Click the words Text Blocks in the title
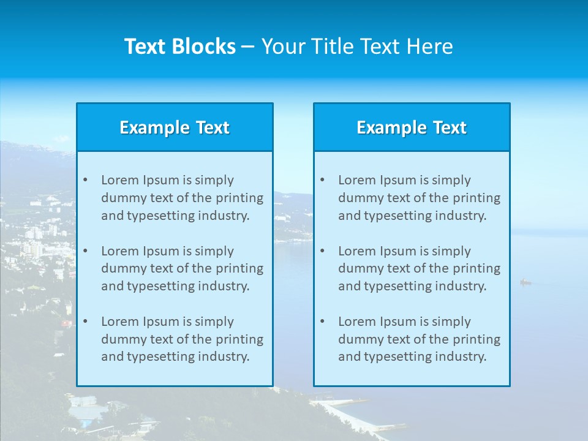[x=179, y=47]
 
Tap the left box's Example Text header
[x=175, y=127]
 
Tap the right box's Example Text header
[x=412, y=127]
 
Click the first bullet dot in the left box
[x=85, y=180]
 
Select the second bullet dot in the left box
[x=85, y=251]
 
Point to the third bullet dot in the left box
[x=85, y=322]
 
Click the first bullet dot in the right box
[x=322, y=180]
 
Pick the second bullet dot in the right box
[x=322, y=251]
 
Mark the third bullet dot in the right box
[x=322, y=322]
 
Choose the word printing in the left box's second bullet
[x=240, y=268]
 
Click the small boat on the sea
[x=525, y=282]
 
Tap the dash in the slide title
[x=248, y=47]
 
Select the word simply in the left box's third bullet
[x=214, y=322]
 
